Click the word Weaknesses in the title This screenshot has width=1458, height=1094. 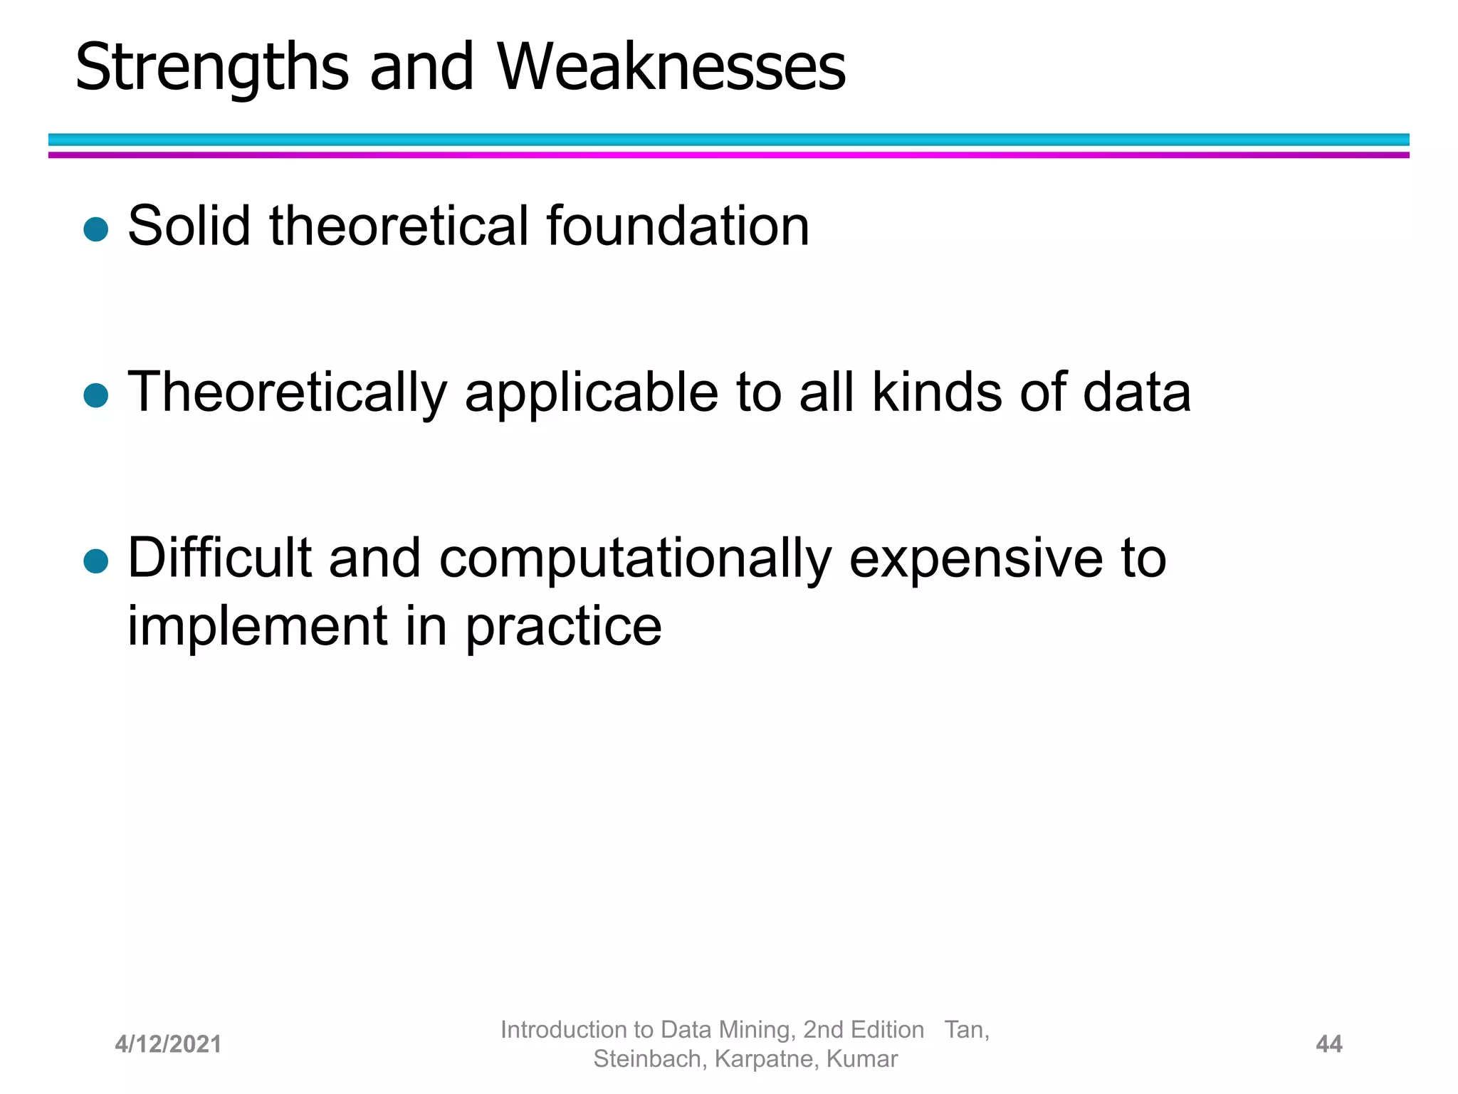(671, 68)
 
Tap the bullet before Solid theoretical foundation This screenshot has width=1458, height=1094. (95, 229)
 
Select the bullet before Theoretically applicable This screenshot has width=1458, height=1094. (95, 395)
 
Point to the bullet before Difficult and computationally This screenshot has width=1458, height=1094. (95, 561)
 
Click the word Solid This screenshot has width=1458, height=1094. (189, 226)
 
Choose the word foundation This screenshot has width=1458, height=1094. (677, 226)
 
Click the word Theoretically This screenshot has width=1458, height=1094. (287, 393)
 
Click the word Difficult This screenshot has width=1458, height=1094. (219, 558)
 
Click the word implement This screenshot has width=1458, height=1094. (257, 627)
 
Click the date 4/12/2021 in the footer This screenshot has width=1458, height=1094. (168, 1044)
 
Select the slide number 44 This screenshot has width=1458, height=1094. (1328, 1044)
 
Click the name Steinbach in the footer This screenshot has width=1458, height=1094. (650, 1059)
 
